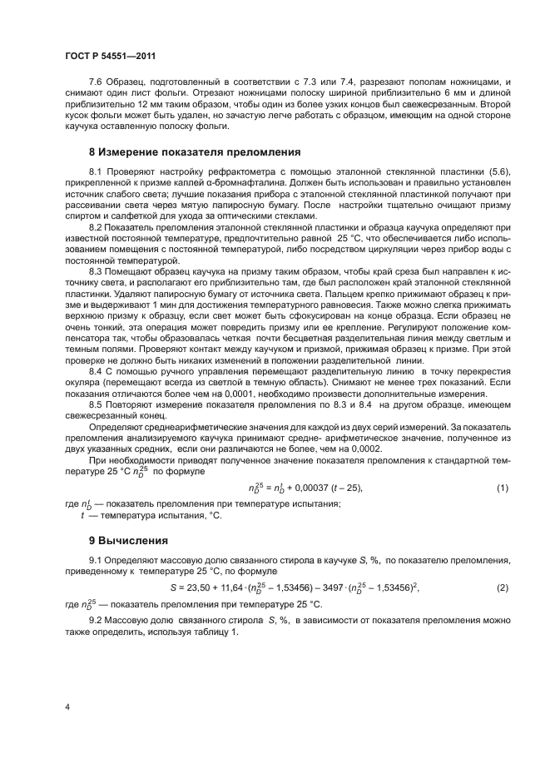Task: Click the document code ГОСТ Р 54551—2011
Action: coord(111,56)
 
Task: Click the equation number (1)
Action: coord(502,488)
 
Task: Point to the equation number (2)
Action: coord(502,588)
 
